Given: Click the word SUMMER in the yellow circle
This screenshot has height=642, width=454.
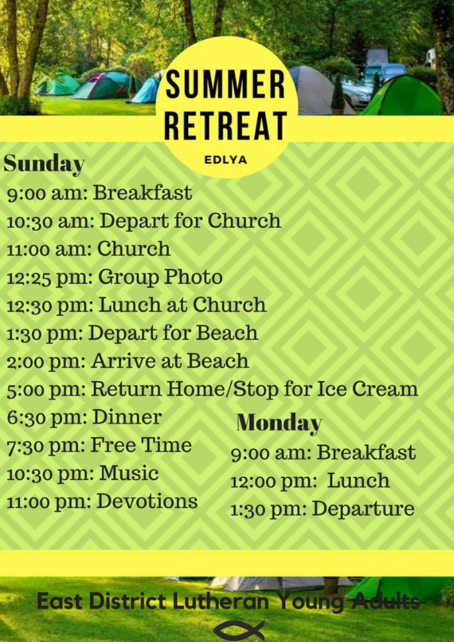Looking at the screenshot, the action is [x=225, y=84].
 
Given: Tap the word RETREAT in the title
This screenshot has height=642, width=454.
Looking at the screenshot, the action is [x=226, y=126].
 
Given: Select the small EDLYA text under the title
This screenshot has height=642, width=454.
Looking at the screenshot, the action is [x=226, y=160].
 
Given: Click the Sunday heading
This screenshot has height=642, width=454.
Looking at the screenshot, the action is [x=44, y=165].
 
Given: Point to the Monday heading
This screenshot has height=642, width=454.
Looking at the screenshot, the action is [x=279, y=423].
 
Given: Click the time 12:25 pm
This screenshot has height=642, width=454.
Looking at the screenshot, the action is [x=50, y=278].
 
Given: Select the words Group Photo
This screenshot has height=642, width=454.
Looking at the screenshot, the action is [x=160, y=277].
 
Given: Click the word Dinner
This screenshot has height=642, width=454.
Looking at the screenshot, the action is [x=127, y=417].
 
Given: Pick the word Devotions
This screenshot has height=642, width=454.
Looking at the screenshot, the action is [x=147, y=501].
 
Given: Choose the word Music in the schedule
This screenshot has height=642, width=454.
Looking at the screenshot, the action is [x=129, y=473].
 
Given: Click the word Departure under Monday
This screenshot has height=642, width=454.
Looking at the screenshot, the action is [x=364, y=509].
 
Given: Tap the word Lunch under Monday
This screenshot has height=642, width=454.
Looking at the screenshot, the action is [x=358, y=481].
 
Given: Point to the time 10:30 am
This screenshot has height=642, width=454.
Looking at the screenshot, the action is [x=51, y=221].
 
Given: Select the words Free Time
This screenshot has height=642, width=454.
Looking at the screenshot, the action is [x=141, y=445].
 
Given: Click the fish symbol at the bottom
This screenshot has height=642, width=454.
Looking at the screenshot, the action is [x=239, y=630].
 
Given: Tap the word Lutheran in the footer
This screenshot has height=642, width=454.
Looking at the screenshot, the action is [x=220, y=601].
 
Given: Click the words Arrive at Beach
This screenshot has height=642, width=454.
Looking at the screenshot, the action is [x=170, y=360].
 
